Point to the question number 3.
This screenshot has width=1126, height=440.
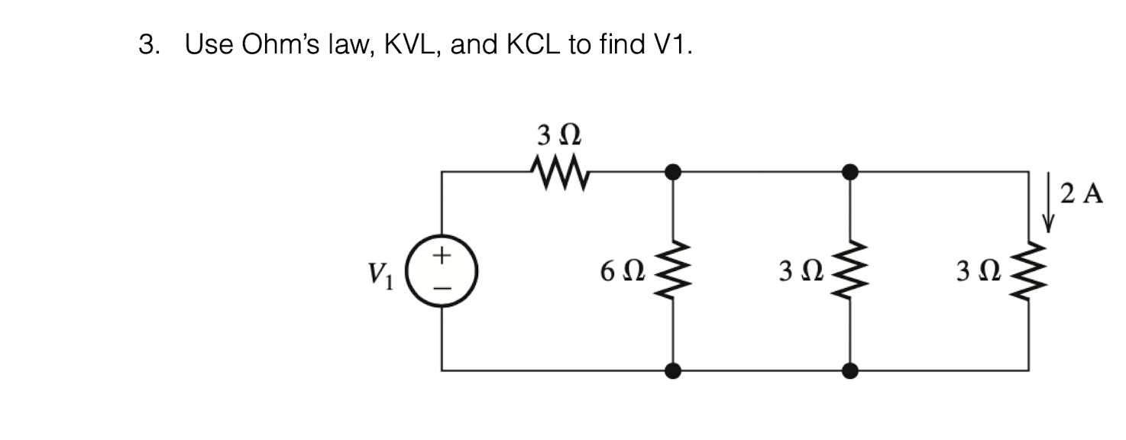coord(147,46)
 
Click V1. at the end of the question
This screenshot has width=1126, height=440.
coord(671,46)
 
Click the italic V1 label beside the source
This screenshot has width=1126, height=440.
coord(380,272)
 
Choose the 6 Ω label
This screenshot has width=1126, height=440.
coord(623,271)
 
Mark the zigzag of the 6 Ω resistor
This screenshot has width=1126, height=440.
coord(672,271)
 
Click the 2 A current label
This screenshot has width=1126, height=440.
coord(1082,195)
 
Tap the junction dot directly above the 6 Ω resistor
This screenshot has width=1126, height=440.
coord(672,172)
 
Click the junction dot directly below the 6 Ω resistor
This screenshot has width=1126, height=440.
coord(672,371)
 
